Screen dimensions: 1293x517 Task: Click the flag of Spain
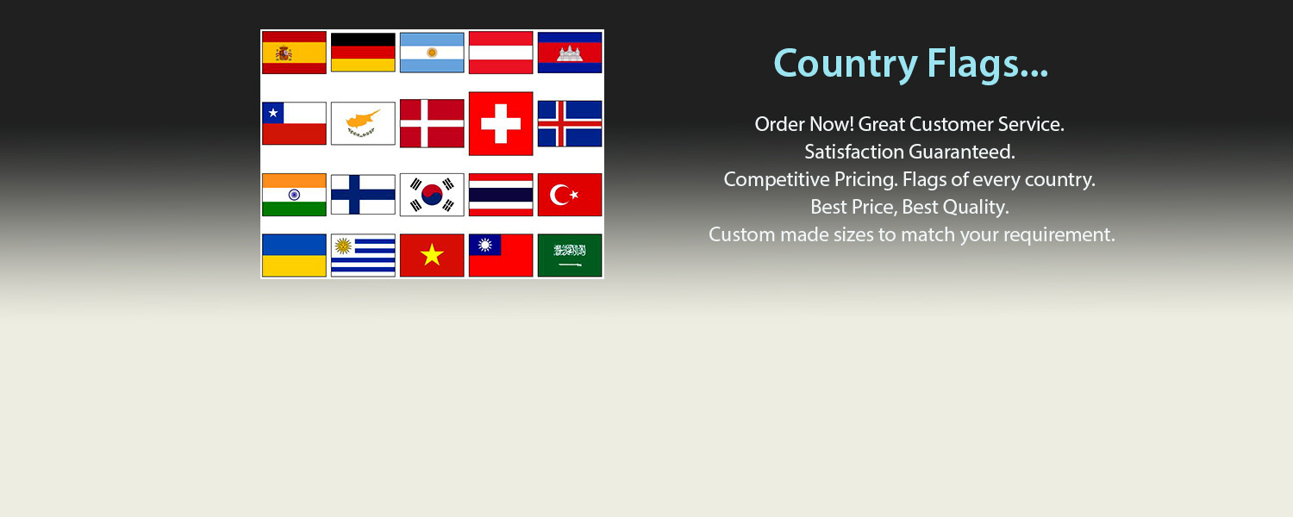click(294, 53)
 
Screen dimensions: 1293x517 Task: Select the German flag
click(363, 52)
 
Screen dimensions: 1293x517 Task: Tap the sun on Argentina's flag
click(432, 53)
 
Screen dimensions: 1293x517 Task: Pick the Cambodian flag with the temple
click(570, 53)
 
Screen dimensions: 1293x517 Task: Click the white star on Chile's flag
click(273, 113)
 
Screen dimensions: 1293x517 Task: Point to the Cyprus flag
click(363, 123)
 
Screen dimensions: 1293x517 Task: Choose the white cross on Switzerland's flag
click(501, 123)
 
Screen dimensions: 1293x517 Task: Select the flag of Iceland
click(570, 123)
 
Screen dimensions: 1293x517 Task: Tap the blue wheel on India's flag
click(295, 195)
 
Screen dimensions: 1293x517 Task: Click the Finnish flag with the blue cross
click(363, 195)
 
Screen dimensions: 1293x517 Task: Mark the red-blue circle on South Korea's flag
click(432, 195)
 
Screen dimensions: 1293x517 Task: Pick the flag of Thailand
click(501, 195)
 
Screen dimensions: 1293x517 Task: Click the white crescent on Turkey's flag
click(559, 195)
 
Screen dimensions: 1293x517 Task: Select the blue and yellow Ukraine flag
click(294, 255)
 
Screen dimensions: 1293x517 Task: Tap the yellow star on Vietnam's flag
click(432, 255)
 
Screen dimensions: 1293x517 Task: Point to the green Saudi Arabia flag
click(570, 255)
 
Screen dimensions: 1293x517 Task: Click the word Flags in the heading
click(987, 64)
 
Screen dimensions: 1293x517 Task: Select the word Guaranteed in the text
click(962, 152)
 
